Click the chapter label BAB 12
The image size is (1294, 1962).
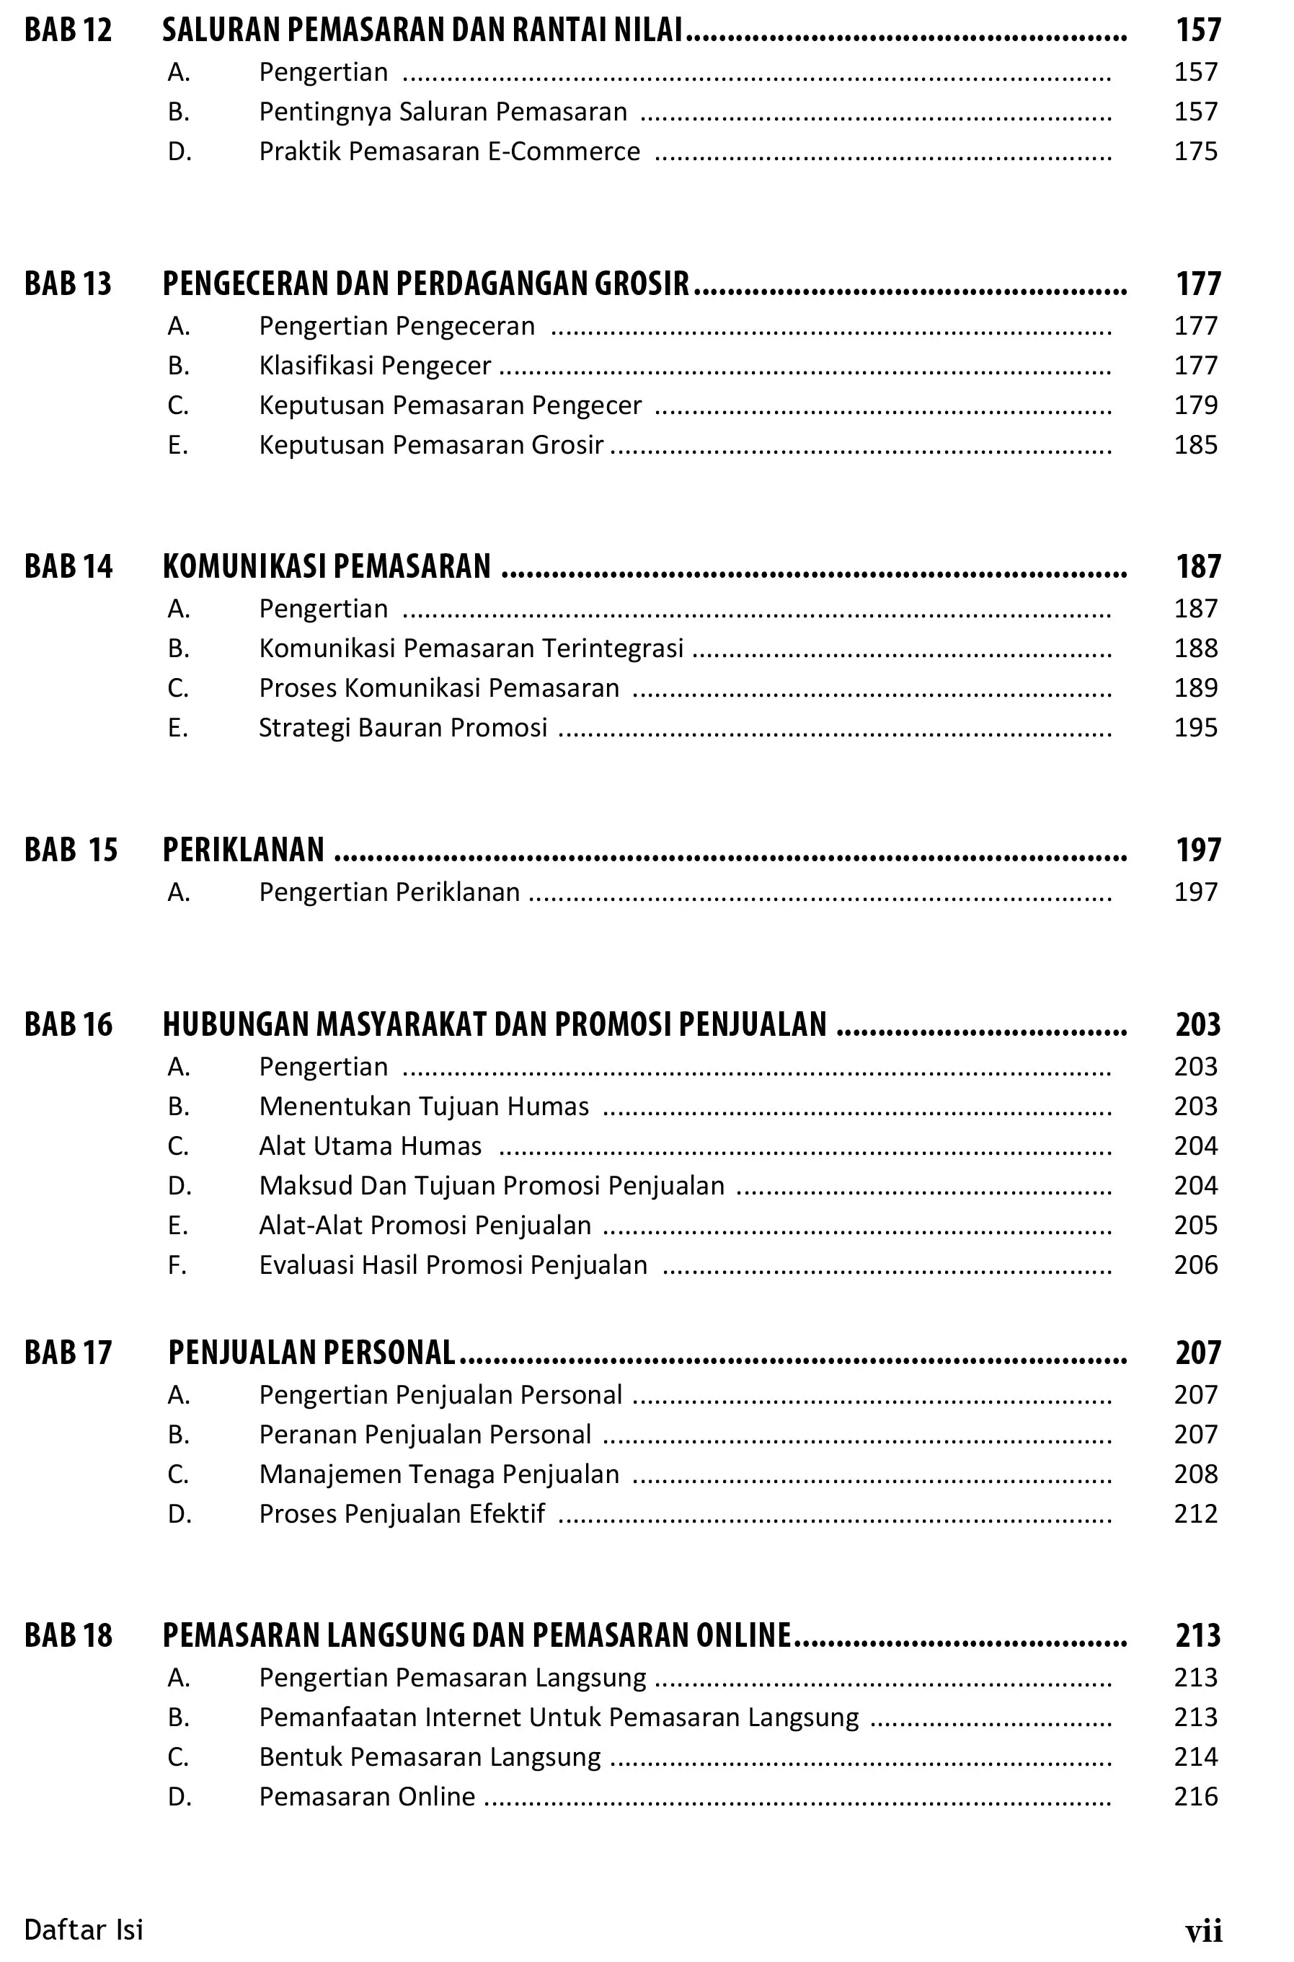coord(68,30)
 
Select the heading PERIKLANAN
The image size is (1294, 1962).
coord(244,850)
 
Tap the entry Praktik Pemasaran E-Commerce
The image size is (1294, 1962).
coord(449,151)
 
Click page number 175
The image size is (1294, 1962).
coord(1196,151)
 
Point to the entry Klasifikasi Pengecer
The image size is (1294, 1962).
coord(375,365)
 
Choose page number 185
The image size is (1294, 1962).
coord(1196,445)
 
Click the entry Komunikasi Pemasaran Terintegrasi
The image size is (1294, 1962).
coord(471,648)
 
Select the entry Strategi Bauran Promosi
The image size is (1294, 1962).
coord(403,728)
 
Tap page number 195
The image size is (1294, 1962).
coord(1196,728)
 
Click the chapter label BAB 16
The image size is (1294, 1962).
coord(68,1025)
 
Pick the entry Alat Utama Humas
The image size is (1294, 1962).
coord(370,1146)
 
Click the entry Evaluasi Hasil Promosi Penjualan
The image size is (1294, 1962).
coord(453,1265)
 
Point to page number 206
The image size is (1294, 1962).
coord(1196,1265)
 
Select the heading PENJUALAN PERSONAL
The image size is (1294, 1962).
coord(311,1352)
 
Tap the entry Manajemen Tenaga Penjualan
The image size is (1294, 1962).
coord(439,1474)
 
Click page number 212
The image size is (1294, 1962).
coord(1196,1513)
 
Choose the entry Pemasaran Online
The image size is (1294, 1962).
coord(366,1797)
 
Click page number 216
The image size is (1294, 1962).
coord(1196,1797)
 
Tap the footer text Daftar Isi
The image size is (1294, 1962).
coord(84,1930)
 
